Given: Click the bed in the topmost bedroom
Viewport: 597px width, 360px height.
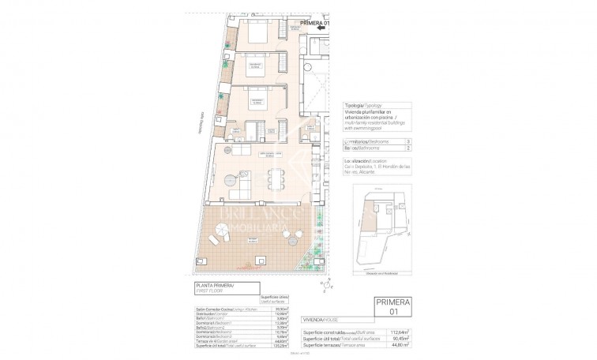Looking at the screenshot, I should coord(260,36).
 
